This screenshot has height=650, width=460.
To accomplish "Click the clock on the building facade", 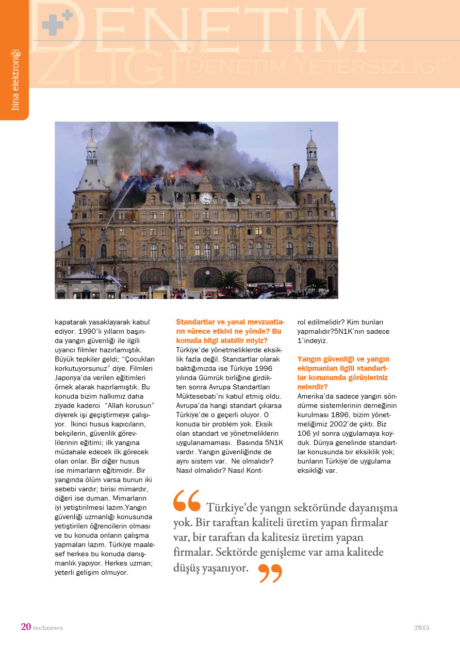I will tap(206, 198).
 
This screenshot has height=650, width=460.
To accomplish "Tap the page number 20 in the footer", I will tap(26, 627).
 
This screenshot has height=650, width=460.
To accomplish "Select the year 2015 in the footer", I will tap(421, 627).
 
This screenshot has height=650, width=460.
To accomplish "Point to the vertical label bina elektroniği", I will tap(15, 79).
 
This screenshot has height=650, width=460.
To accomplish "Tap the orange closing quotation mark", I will tap(270, 573).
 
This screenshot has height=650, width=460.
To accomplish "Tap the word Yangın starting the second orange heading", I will tap(308, 358).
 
